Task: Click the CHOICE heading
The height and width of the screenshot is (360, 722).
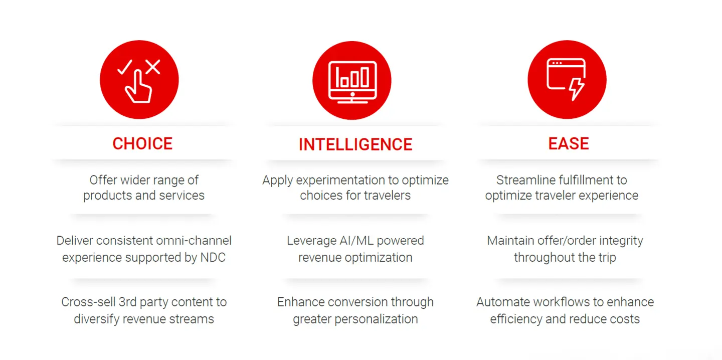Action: (x=142, y=144)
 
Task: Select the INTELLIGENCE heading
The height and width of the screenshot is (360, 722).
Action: (x=355, y=145)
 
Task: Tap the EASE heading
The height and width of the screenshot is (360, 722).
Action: (x=569, y=144)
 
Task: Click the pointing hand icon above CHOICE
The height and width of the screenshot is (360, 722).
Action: (x=139, y=87)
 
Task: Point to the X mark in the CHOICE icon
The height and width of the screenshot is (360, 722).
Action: (x=153, y=67)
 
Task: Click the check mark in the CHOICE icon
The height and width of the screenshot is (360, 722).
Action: (x=125, y=67)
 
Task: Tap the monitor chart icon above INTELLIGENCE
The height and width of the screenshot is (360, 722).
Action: (x=352, y=82)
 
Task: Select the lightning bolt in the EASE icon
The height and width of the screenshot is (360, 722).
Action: (x=576, y=89)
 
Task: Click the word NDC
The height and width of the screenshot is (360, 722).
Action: (x=213, y=258)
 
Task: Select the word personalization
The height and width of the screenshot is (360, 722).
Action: (x=376, y=319)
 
